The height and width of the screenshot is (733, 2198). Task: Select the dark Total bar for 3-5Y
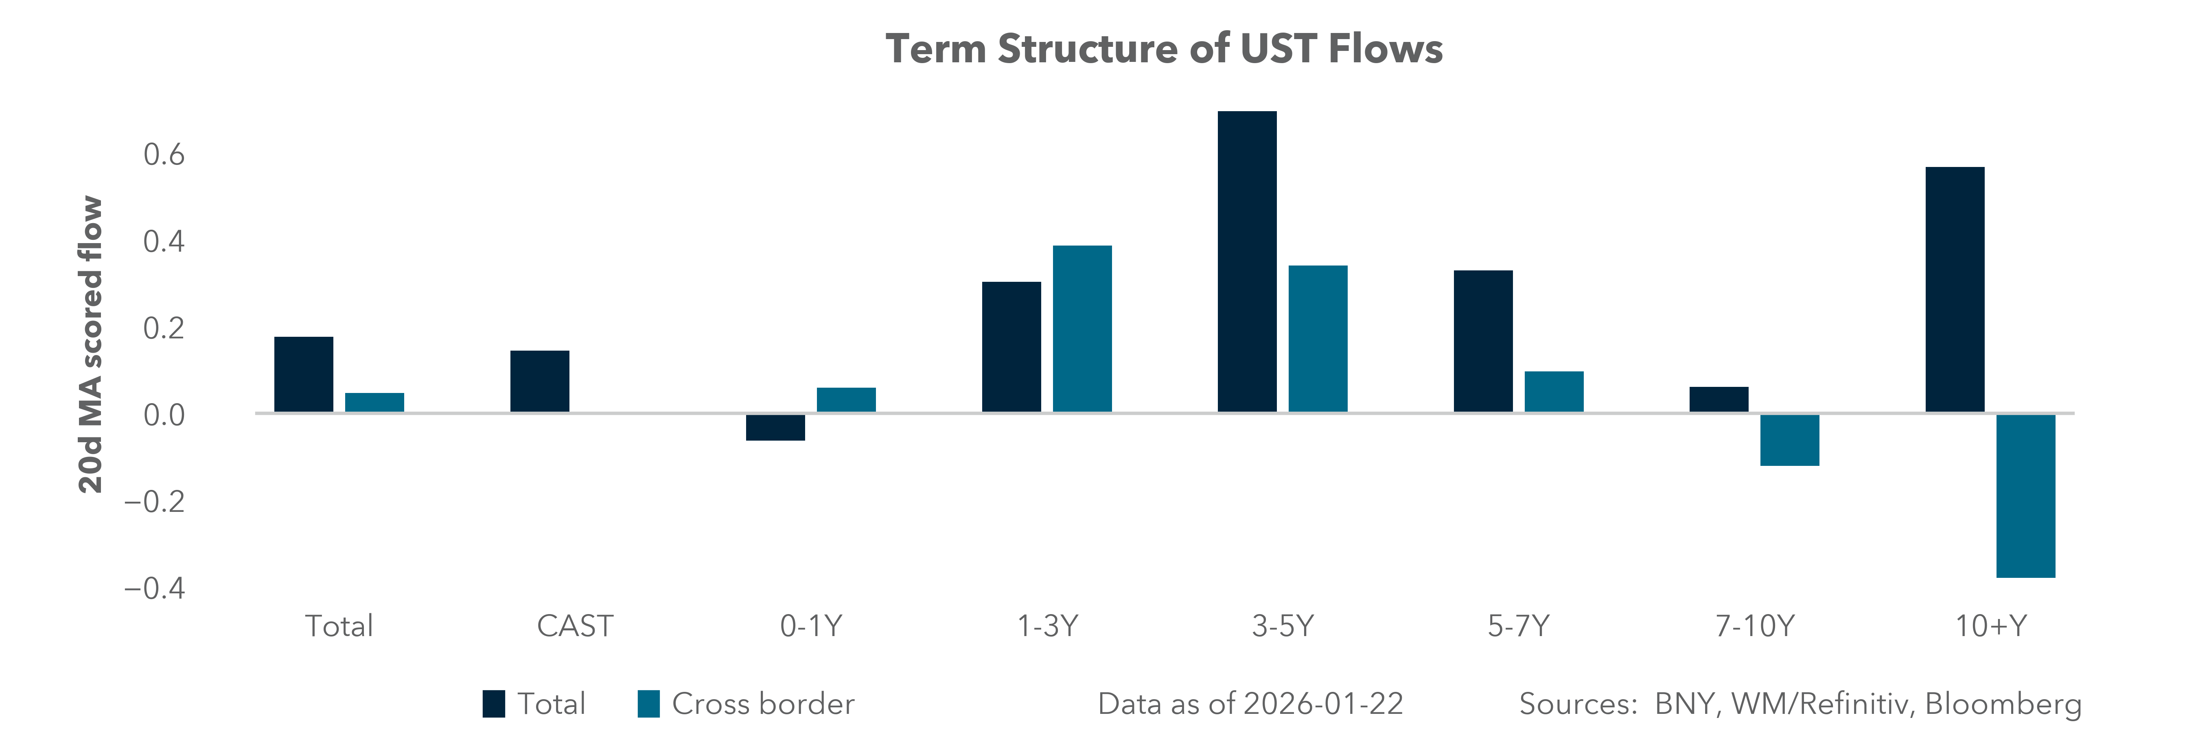tap(1247, 262)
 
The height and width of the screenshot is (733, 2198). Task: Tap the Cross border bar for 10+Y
tap(2026, 496)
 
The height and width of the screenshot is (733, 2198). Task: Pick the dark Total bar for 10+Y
tap(1955, 290)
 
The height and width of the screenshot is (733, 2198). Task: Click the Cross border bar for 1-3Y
tap(1082, 329)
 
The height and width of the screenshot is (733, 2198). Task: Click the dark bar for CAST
tap(539, 382)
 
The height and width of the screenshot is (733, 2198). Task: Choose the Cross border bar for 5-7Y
tap(1554, 392)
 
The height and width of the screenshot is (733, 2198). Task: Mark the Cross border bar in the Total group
tap(374, 403)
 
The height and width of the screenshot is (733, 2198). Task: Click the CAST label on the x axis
tap(574, 626)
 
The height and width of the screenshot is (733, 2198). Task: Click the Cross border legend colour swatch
tap(648, 704)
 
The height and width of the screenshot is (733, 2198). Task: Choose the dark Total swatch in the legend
tap(493, 704)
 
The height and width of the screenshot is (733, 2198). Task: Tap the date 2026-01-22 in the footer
tap(1323, 704)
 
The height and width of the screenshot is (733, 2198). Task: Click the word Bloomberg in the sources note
tap(2003, 704)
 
